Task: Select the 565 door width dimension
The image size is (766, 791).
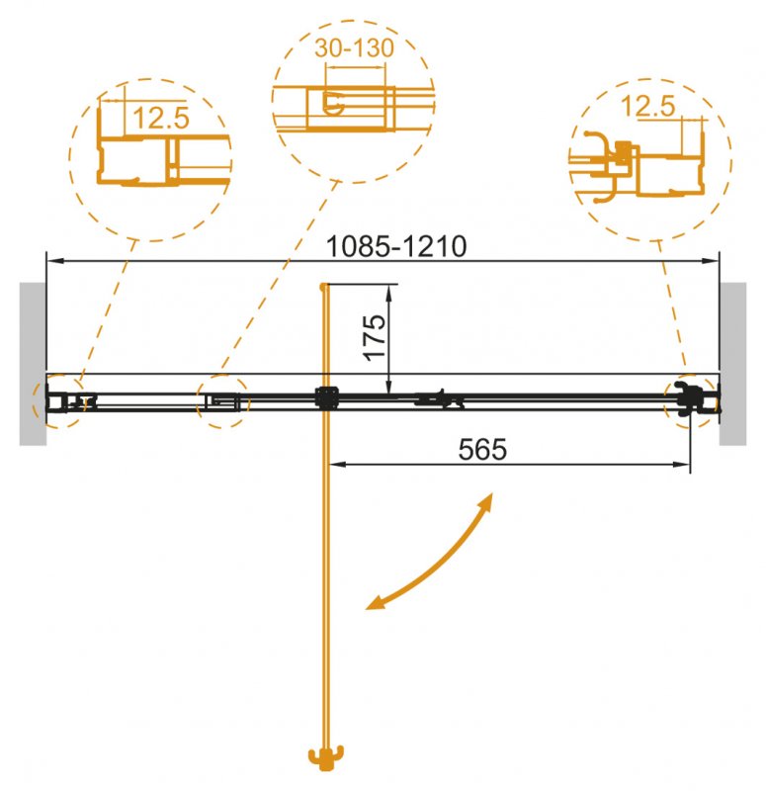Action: click(x=483, y=449)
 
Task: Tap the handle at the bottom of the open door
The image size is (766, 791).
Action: click(x=323, y=758)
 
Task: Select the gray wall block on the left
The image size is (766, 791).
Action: click(x=32, y=363)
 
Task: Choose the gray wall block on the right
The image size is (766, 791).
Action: click(x=733, y=363)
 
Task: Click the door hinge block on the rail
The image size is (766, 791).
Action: click(x=325, y=398)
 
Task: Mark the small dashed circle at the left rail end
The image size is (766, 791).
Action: click(x=61, y=400)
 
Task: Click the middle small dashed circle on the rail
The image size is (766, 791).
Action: click(x=222, y=400)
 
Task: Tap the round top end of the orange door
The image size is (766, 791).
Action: click(x=323, y=287)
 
